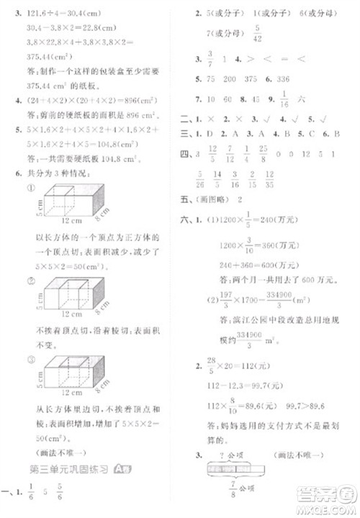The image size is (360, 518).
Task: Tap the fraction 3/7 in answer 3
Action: point(210,58)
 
